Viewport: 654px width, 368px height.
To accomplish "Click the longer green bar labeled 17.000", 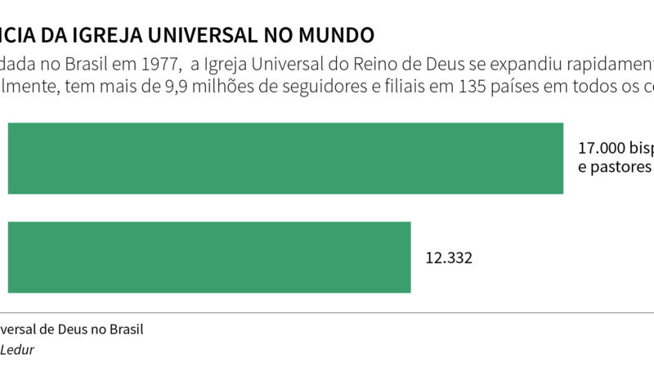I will (x=285, y=158).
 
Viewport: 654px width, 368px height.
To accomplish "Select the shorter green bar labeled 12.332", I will (x=209, y=257).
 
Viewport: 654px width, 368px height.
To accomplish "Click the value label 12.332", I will (x=449, y=258).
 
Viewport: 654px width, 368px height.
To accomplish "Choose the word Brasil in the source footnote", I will (x=124, y=330).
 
